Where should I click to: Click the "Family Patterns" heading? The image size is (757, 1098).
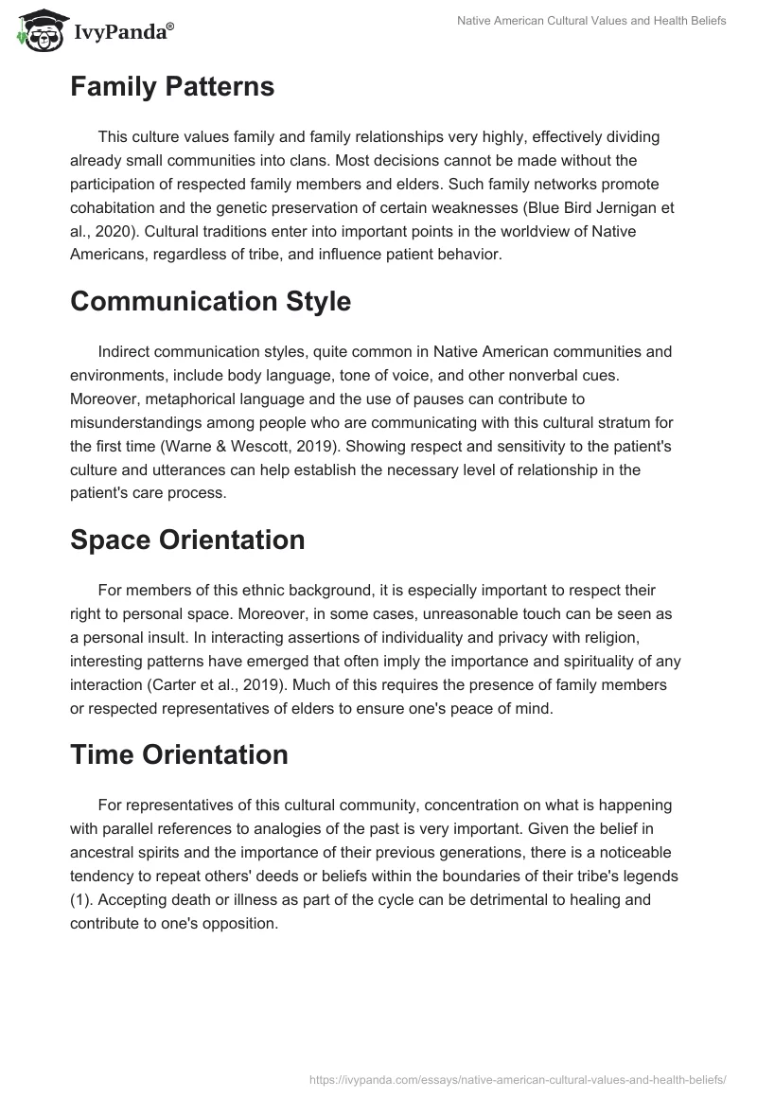tap(172, 87)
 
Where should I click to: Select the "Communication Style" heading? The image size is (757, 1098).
tap(210, 302)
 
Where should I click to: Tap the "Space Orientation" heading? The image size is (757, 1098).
tap(187, 540)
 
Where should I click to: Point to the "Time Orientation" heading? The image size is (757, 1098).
tap(179, 754)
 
